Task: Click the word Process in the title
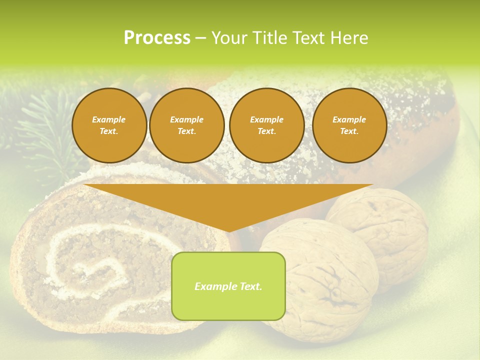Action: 157,38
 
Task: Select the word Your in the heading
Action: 228,38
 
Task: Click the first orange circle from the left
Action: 109,125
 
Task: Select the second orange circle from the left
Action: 186,125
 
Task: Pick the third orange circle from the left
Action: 266,125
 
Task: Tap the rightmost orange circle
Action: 349,125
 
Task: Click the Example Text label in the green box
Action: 228,286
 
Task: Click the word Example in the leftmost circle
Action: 109,119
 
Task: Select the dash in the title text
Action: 200,38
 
